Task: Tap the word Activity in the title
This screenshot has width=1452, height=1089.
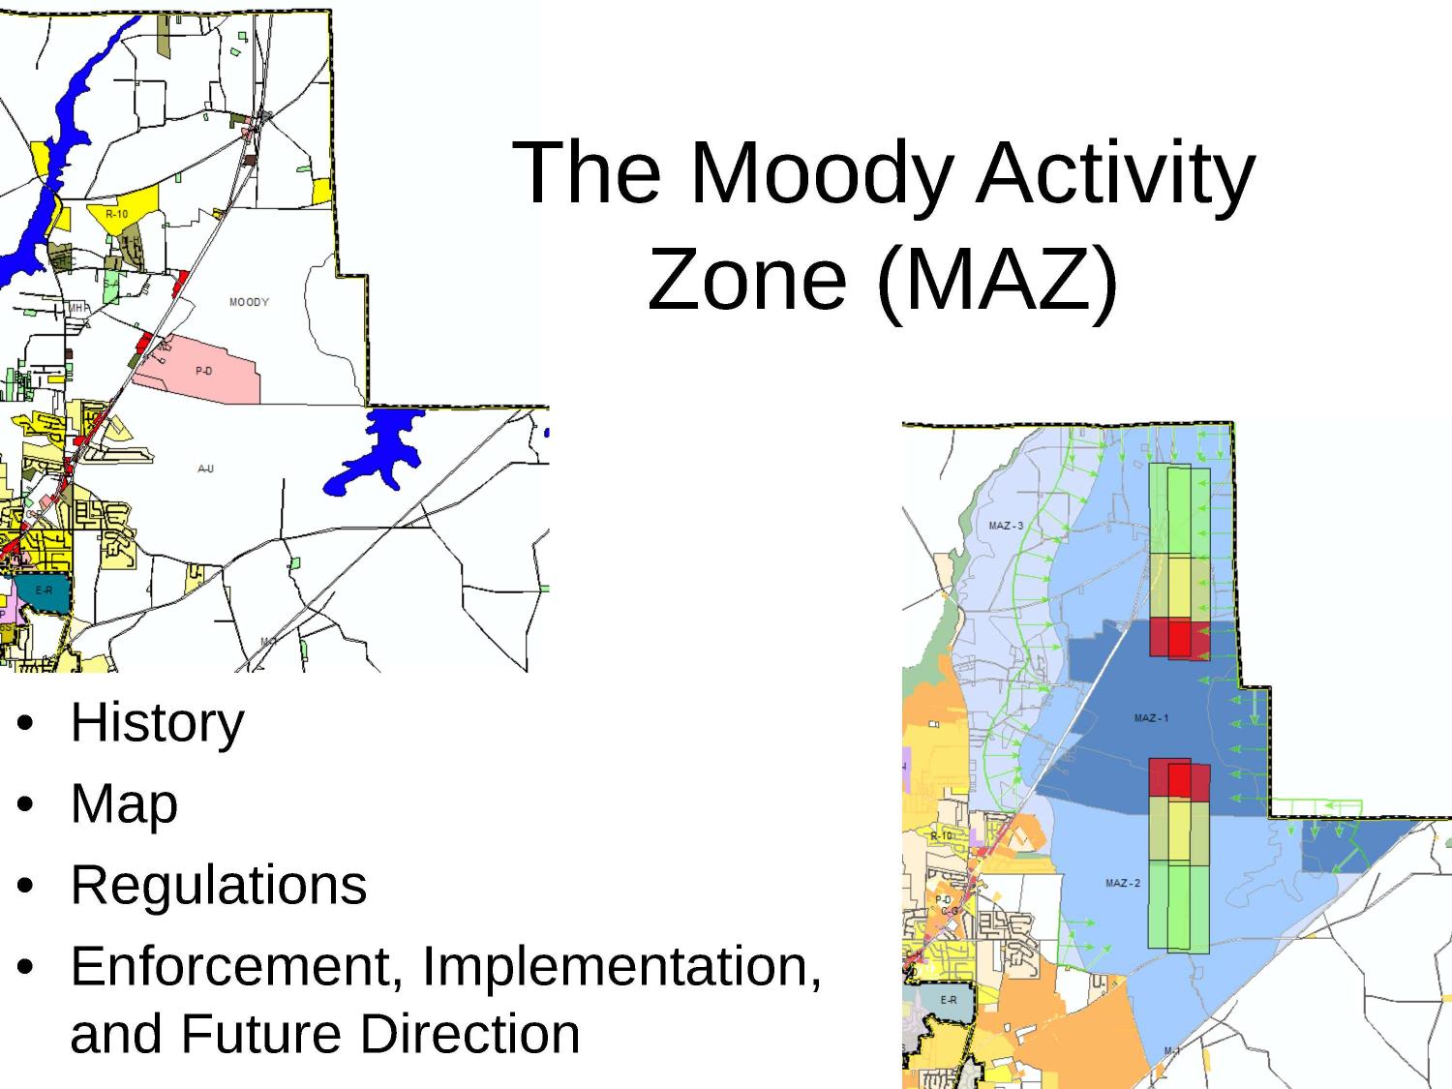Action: pyautogui.click(x=1115, y=174)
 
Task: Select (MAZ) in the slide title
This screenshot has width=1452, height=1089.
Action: pyautogui.click(x=996, y=280)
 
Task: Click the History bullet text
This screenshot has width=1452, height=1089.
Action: pyautogui.click(x=157, y=722)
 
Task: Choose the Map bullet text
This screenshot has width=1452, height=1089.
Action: pyautogui.click(x=124, y=803)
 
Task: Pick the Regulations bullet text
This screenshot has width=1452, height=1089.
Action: pyautogui.click(x=219, y=885)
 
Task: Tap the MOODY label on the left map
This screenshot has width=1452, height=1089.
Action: pyautogui.click(x=249, y=302)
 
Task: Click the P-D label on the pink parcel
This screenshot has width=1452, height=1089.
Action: pyautogui.click(x=203, y=371)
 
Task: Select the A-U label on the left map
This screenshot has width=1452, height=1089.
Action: pyautogui.click(x=205, y=469)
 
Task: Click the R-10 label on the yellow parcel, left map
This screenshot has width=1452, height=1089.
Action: pyautogui.click(x=116, y=214)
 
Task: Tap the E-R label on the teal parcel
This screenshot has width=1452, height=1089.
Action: pyautogui.click(x=44, y=590)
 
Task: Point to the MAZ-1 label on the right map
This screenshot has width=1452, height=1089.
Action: pyautogui.click(x=1151, y=718)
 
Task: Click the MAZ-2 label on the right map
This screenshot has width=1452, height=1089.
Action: pyautogui.click(x=1123, y=883)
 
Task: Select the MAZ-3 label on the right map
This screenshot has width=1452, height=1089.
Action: pyautogui.click(x=1006, y=527)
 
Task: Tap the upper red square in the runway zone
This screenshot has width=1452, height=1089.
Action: pyautogui.click(x=1179, y=638)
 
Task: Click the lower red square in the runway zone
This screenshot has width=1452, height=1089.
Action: pyautogui.click(x=1179, y=780)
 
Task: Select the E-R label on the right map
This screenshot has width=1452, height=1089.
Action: pyautogui.click(x=948, y=1000)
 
